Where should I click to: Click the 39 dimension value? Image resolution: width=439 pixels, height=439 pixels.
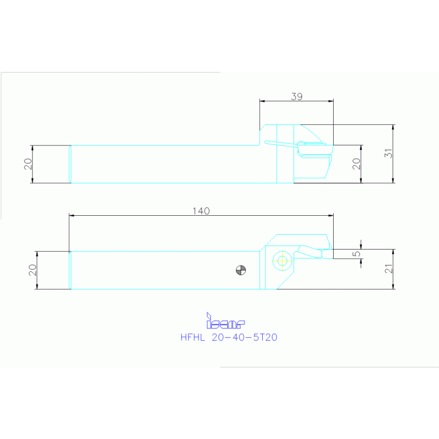pyautogui.click(x=296, y=97)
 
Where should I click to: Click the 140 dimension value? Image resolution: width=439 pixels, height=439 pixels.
pyautogui.click(x=201, y=211)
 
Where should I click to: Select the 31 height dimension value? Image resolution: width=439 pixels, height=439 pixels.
pyautogui.click(x=388, y=153)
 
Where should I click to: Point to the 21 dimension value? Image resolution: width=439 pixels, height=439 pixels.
pyautogui.click(x=388, y=269)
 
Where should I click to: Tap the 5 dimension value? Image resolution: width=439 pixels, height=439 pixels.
pyautogui.click(x=356, y=254)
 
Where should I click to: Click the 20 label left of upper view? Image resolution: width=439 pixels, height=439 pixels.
pyautogui.click(x=28, y=164)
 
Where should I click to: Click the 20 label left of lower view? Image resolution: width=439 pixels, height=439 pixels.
pyautogui.click(x=33, y=270)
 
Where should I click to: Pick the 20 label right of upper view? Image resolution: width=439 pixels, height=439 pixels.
pyautogui.click(x=356, y=164)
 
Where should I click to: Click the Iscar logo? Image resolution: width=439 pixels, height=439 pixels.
pyautogui.click(x=226, y=321)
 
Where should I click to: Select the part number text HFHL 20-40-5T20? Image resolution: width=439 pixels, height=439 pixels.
pyautogui.click(x=229, y=337)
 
